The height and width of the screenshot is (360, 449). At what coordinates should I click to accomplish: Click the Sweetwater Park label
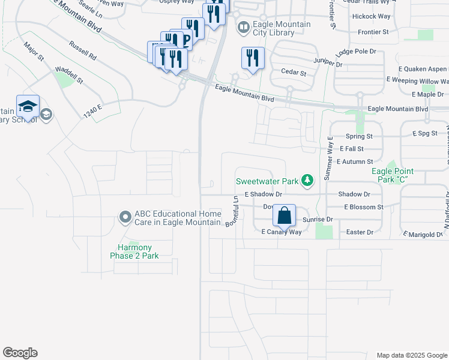tap(267, 181)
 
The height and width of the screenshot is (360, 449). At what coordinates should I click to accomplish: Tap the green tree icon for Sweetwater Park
tap(307, 181)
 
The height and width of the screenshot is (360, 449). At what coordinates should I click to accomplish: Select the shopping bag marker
tap(285, 215)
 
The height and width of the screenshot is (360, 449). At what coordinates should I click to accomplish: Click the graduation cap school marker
tap(28, 106)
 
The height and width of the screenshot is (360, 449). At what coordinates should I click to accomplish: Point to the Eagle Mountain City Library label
tap(282, 28)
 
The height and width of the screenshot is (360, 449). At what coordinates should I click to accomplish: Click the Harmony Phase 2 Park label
tap(134, 251)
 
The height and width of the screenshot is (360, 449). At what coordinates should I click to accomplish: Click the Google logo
tap(20, 353)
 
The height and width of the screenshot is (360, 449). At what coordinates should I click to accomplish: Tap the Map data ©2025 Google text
tap(412, 355)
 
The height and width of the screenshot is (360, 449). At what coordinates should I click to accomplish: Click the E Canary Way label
tap(281, 232)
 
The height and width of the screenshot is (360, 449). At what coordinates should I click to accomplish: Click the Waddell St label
tap(68, 75)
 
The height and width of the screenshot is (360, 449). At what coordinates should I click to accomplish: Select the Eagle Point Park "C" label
tap(394, 175)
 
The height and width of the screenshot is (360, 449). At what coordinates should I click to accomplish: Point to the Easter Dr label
tap(361, 232)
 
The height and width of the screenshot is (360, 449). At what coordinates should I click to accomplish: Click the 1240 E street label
tap(93, 111)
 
